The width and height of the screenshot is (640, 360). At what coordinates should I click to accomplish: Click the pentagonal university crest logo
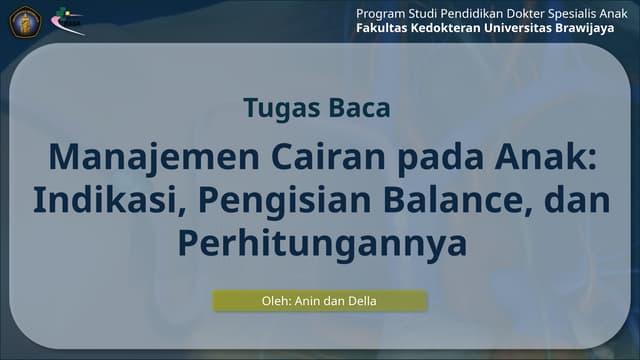pyautogui.click(x=21, y=22)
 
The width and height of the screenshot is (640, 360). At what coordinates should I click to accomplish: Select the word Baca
pyautogui.click(x=357, y=108)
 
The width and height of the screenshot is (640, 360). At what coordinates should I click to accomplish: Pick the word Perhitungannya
pyautogui.click(x=321, y=242)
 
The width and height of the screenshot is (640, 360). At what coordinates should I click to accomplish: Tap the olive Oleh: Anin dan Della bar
pyautogui.click(x=319, y=300)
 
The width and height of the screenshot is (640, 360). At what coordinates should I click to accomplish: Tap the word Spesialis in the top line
pyautogui.click(x=567, y=12)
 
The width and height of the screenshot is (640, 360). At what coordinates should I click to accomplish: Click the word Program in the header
pyautogui.click(x=383, y=12)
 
